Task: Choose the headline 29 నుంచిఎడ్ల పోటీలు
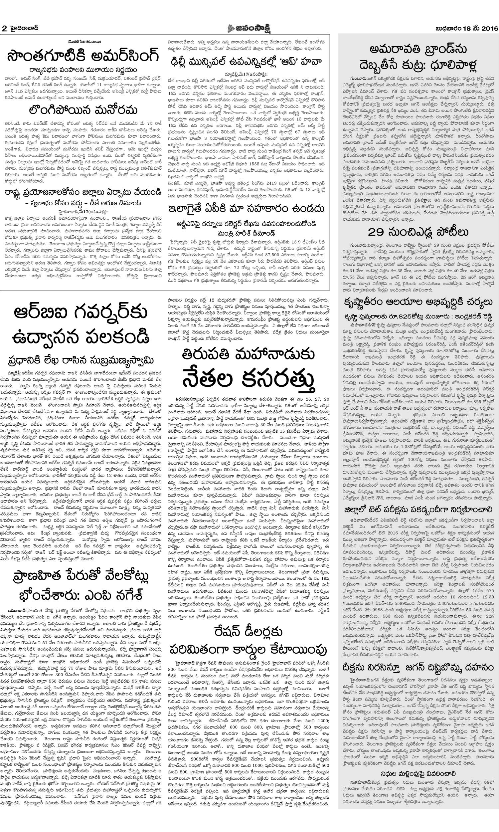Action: click(418, 232)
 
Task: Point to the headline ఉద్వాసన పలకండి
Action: click(82, 336)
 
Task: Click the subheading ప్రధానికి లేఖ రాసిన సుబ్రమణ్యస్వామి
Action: click(82, 360)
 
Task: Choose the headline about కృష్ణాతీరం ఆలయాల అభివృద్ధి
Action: click(418, 303)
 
